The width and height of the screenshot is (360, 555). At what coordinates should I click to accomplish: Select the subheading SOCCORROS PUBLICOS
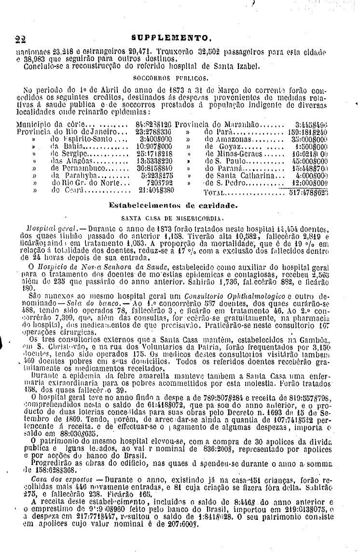[171, 77]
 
